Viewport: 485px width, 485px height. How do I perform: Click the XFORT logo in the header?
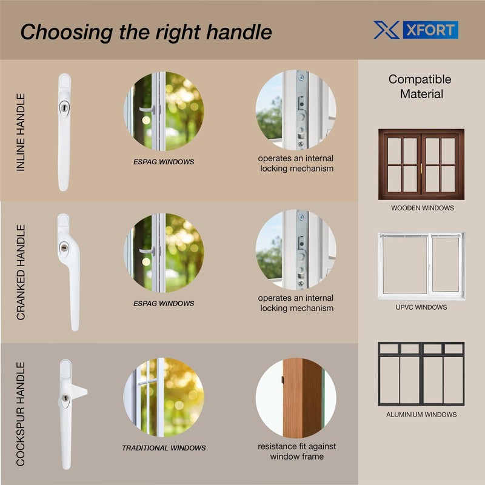[415, 30]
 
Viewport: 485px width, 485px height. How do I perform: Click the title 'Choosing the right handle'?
[146, 32]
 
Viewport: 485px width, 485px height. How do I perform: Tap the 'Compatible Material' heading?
[420, 87]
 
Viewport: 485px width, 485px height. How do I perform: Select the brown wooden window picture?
[421, 164]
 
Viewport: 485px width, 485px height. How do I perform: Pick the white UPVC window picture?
[421, 266]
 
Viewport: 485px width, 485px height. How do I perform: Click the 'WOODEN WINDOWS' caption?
[422, 208]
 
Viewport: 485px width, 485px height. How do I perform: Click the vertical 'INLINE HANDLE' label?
[21, 132]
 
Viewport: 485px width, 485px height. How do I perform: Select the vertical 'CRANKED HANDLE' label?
[21, 272]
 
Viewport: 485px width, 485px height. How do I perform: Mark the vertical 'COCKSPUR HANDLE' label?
[21, 414]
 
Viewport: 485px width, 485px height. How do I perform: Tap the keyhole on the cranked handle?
[64, 248]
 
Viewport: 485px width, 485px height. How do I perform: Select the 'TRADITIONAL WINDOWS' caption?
[164, 448]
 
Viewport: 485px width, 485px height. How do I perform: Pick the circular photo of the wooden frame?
[296, 397]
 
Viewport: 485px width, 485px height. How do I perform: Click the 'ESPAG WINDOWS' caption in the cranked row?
[164, 303]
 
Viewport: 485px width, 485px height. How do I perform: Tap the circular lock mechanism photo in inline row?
[296, 110]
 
